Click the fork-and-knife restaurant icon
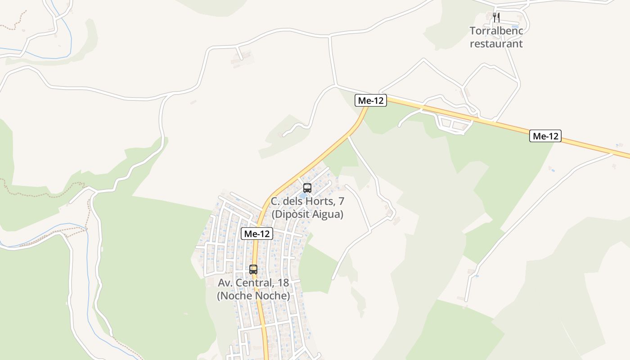pos(496,18)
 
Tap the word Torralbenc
pos(496,31)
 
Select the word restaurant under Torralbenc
pos(496,44)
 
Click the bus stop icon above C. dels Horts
pos(307,188)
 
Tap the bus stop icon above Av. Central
pos(253,270)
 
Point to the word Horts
pos(322,201)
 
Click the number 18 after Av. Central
pos(283,283)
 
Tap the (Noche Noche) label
pos(253,296)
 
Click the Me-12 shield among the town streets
pos(257,234)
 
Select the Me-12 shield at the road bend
pos(371,100)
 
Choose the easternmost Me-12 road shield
pos(545,136)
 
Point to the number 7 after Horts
pos(342,201)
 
